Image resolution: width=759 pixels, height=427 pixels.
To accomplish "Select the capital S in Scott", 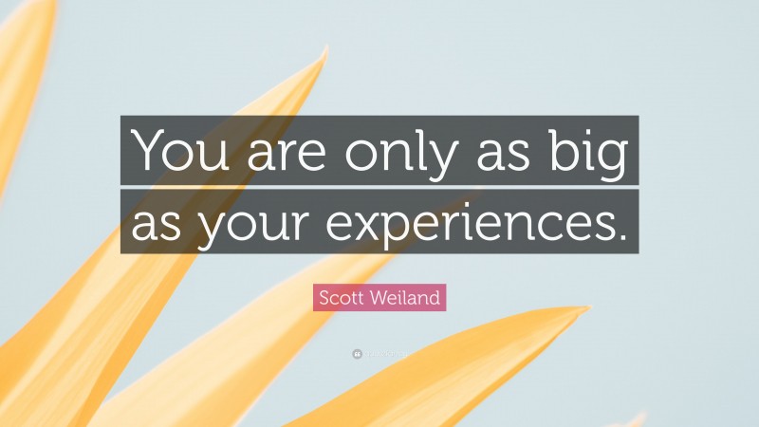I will pyautogui.click(x=324, y=298).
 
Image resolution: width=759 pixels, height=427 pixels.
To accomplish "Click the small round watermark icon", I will pyautogui.click(x=356, y=353).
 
